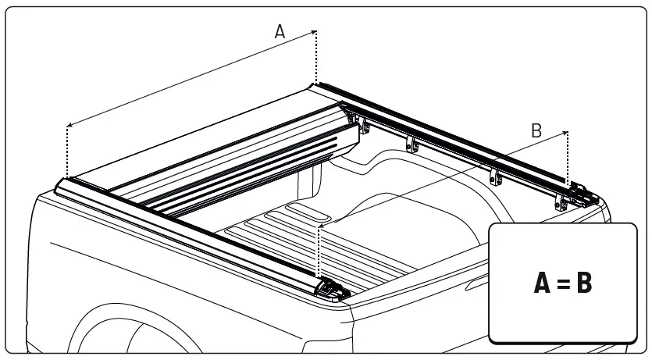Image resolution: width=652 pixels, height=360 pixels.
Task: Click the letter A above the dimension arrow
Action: click(x=280, y=31)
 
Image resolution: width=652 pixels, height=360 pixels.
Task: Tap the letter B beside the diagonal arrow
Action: click(x=536, y=131)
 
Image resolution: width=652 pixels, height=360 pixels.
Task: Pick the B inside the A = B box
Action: click(x=584, y=284)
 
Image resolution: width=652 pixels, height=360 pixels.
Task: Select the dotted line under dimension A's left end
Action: click(x=68, y=151)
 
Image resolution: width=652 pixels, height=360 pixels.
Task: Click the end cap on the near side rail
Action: click(x=331, y=288)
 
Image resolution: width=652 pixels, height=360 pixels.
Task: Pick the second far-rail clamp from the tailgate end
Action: click(x=493, y=176)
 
